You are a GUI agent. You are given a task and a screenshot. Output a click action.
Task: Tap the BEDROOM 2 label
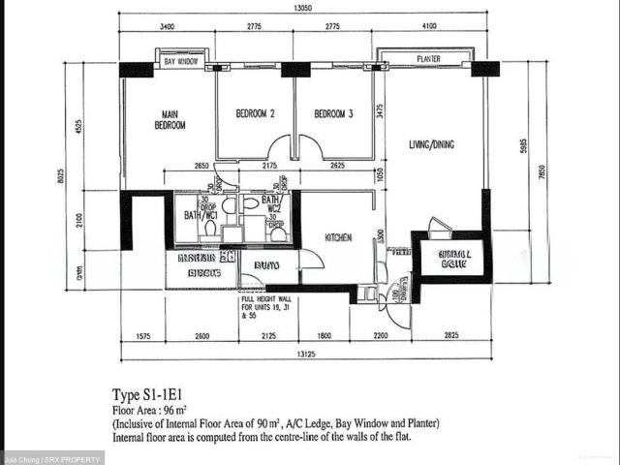tap(256, 114)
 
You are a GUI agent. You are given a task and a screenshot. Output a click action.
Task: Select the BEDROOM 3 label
tap(333, 114)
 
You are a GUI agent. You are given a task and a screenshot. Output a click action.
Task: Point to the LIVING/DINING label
tap(432, 145)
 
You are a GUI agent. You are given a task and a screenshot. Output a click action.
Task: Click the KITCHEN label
tap(337, 237)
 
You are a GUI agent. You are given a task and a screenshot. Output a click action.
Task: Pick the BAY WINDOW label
tap(181, 62)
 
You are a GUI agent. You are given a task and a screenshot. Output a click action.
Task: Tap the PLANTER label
tap(428, 59)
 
